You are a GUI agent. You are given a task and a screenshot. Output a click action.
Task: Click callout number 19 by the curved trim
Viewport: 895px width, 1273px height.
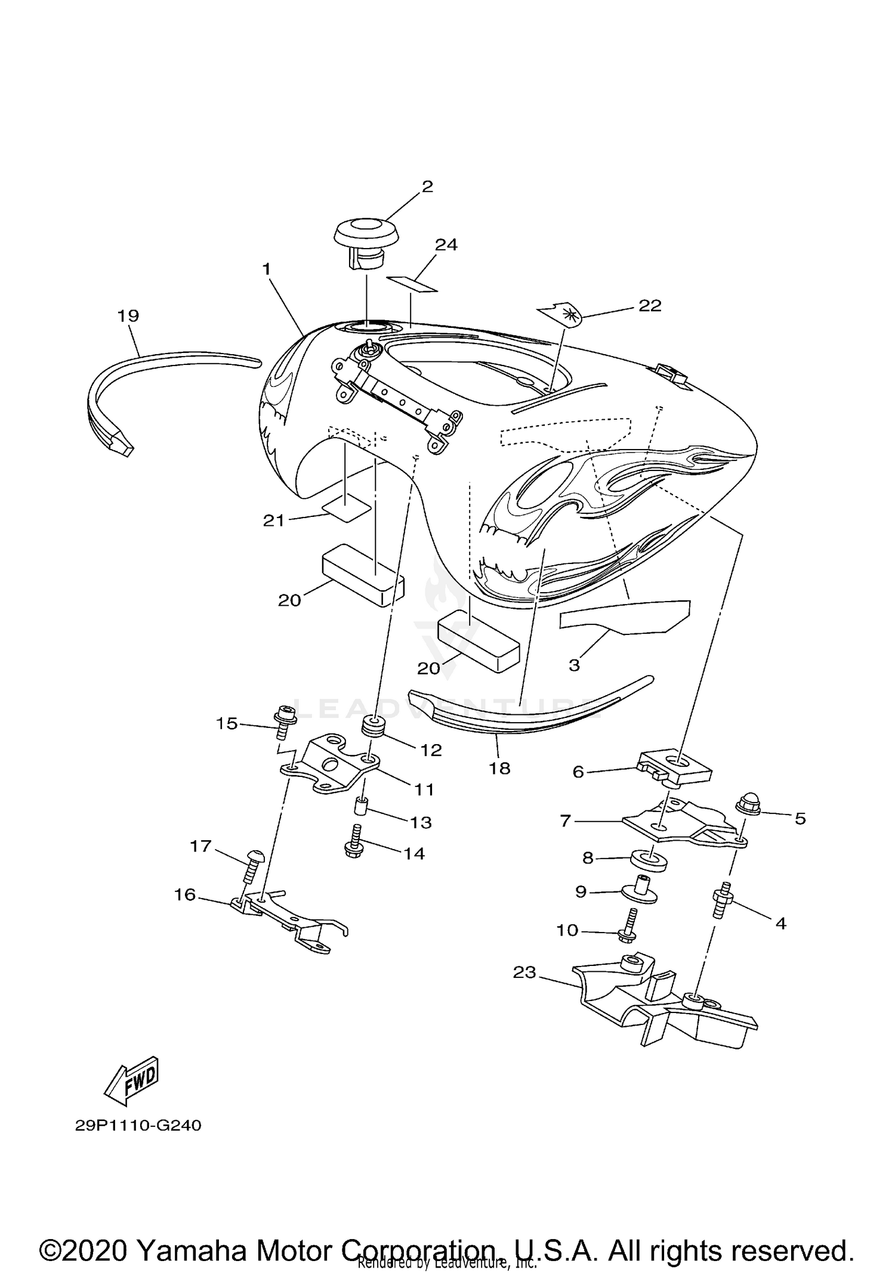click(x=128, y=315)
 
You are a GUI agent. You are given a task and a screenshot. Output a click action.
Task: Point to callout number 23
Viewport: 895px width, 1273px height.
click(x=524, y=972)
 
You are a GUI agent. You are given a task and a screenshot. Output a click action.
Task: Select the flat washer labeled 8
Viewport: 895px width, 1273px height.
click(x=649, y=860)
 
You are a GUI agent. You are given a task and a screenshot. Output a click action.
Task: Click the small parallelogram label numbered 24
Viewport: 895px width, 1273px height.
click(x=412, y=284)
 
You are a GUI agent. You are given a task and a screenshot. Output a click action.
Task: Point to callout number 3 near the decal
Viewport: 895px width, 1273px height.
click(x=574, y=665)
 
